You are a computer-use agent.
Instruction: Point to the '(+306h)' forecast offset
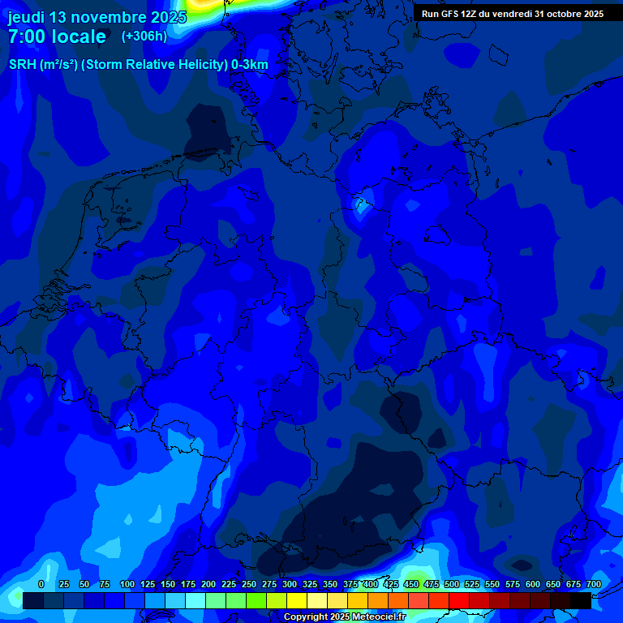click(x=144, y=37)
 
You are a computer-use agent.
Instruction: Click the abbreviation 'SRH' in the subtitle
click(x=22, y=65)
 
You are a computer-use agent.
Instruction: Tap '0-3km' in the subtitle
click(x=250, y=65)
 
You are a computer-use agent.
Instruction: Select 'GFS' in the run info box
click(x=453, y=14)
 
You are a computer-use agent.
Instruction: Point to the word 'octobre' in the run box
click(x=563, y=14)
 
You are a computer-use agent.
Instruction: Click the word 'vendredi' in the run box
click(x=508, y=14)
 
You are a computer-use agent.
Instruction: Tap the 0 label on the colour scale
click(x=41, y=584)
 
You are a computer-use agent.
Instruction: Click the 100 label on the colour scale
click(x=127, y=584)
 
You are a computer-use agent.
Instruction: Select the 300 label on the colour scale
click(x=290, y=584)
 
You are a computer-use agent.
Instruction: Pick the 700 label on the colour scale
click(x=594, y=584)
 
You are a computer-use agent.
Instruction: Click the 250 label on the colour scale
click(x=249, y=584)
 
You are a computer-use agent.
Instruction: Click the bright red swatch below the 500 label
click(x=459, y=600)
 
